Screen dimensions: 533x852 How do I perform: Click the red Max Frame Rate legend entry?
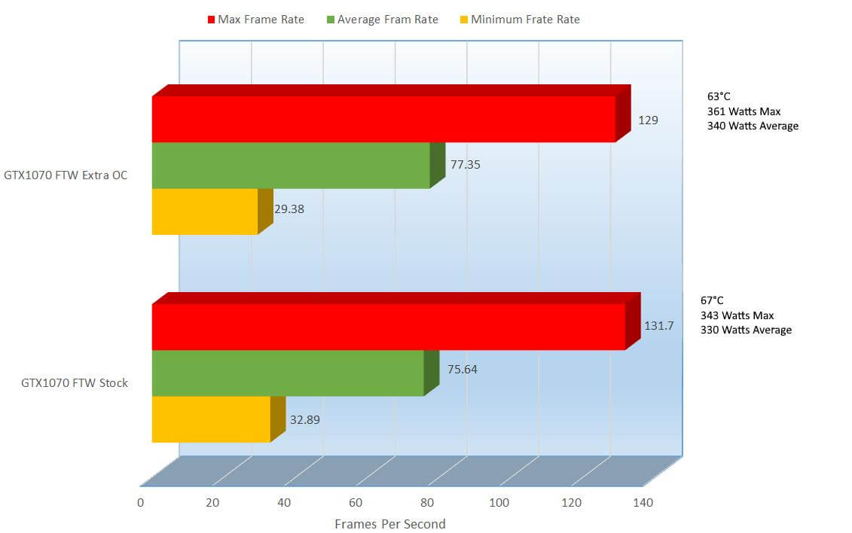[x=255, y=20]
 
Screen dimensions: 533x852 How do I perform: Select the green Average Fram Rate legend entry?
[x=382, y=20]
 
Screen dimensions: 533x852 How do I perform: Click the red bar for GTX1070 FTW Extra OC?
[x=383, y=119]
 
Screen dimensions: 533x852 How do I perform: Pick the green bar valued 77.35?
[x=291, y=166]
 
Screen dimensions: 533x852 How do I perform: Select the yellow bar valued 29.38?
[x=205, y=212]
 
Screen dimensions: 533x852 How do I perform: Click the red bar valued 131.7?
[x=389, y=327]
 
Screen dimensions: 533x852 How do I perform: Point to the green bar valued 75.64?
[x=288, y=373]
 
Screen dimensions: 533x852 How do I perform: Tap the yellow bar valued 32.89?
[x=211, y=419]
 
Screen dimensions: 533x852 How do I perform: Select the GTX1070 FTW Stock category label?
[x=74, y=383]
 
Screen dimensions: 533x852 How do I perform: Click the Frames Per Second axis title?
[x=389, y=524]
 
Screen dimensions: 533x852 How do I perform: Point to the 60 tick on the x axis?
[x=356, y=503]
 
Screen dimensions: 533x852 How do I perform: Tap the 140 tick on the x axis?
[x=643, y=503]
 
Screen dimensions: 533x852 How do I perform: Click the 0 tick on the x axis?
[x=140, y=503]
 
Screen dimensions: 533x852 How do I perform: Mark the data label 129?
[x=648, y=120]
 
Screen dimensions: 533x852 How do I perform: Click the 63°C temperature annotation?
[x=719, y=97]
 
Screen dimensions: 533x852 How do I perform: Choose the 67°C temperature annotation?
[x=712, y=300]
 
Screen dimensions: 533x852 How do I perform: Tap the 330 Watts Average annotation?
[x=746, y=330]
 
